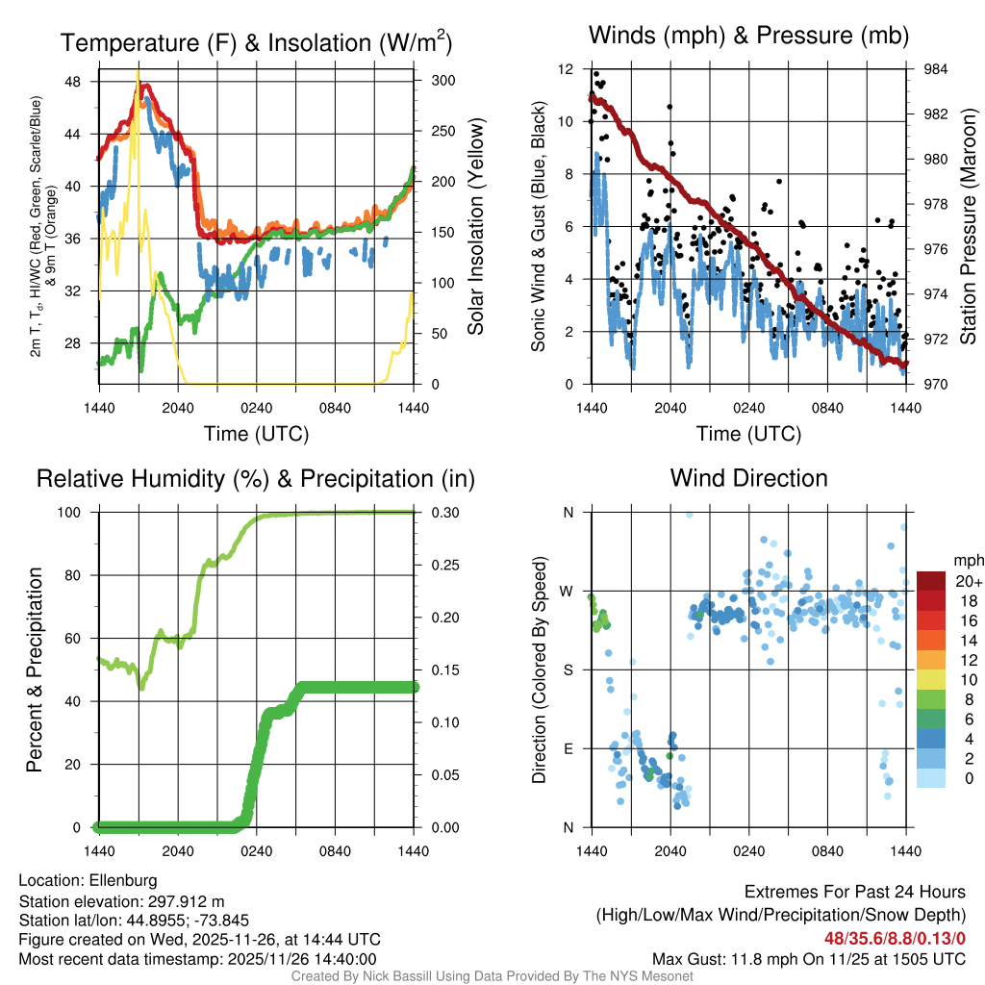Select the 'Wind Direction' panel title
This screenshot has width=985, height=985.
748,478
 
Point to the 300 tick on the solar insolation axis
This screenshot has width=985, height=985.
443,80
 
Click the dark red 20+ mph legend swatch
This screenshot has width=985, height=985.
931,581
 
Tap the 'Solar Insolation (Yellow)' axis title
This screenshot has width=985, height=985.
476,227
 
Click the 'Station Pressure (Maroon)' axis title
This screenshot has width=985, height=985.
969,227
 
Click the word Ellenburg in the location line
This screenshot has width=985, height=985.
123,880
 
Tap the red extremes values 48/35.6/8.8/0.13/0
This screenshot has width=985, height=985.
895,938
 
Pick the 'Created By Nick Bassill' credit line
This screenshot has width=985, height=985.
492,976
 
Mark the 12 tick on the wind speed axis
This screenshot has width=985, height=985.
567,69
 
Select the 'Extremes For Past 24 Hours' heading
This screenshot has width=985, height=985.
855,893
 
